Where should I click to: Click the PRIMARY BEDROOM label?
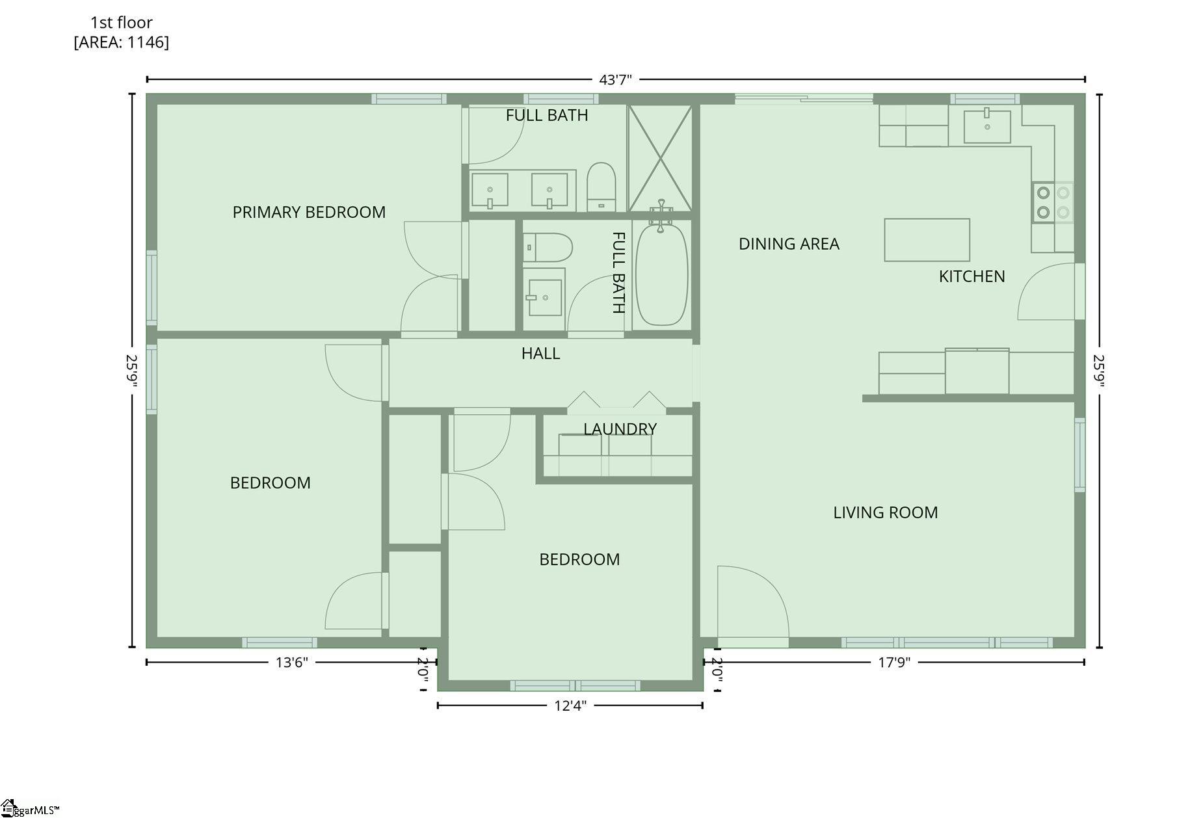(309, 212)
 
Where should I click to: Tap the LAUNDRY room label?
(620, 429)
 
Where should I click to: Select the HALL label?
(540, 353)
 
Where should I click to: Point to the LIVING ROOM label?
(886, 512)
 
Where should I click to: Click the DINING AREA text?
(789, 244)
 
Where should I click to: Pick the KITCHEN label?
(972, 276)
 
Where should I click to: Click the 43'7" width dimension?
(615, 80)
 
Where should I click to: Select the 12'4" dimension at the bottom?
(570, 706)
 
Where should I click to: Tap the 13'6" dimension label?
(291, 663)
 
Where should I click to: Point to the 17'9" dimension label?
(894, 663)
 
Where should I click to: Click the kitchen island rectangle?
(927, 240)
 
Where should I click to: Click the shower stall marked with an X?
(659, 158)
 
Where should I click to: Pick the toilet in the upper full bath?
(601, 187)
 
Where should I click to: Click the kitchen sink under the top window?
(987, 126)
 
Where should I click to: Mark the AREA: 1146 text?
(122, 42)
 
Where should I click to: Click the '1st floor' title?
(122, 22)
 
